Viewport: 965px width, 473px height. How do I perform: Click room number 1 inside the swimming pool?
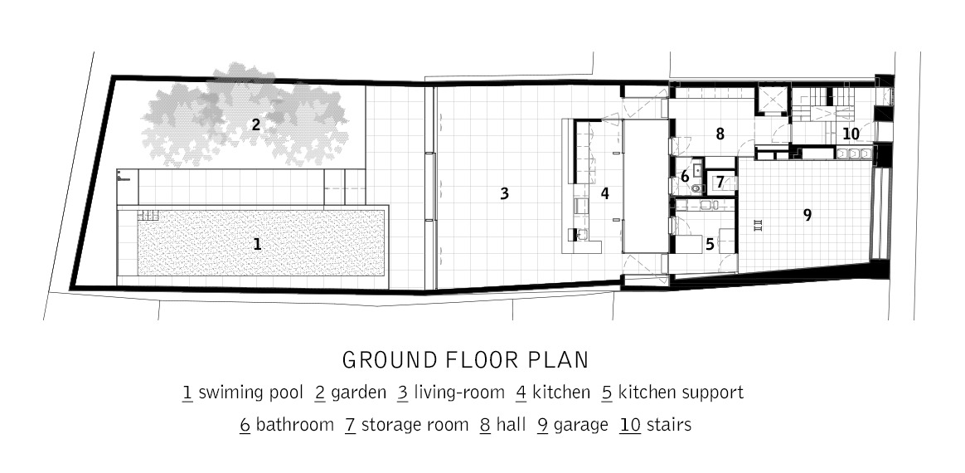pyautogui.click(x=257, y=245)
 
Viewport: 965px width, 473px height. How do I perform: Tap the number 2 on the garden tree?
pyautogui.click(x=255, y=125)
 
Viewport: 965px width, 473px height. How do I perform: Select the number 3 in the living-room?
pyautogui.click(x=505, y=194)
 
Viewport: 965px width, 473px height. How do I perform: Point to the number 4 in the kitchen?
pyautogui.click(x=605, y=194)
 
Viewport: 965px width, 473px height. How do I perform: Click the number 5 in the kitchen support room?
pyautogui.click(x=710, y=245)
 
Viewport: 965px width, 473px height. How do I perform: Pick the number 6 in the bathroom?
pyautogui.click(x=684, y=177)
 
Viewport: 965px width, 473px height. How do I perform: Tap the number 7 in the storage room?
pyautogui.click(x=720, y=183)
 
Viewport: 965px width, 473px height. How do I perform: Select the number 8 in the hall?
pyautogui.click(x=720, y=134)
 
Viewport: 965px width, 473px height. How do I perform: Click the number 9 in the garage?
pyautogui.click(x=807, y=215)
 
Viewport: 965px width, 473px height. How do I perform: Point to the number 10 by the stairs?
pyautogui.click(x=851, y=134)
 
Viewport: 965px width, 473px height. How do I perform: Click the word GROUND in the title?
pyautogui.click(x=390, y=360)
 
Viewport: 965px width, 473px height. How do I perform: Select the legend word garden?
pyautogui.click(x=359, y=393)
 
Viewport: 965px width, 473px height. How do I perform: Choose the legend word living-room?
pyautogui.click(x=459, y=393)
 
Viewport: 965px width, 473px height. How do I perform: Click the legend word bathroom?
pyautogui.click(x=295, y=425)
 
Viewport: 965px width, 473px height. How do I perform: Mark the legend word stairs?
pyautogui.click(x=668, y=425)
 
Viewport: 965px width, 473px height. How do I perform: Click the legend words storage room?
pyautogui.click(x=415, y=426)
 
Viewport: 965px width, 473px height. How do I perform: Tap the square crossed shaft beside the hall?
pyautogui.click(x=771, y=99)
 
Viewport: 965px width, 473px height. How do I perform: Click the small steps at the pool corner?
pyautogui.click(x=148, y=215)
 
